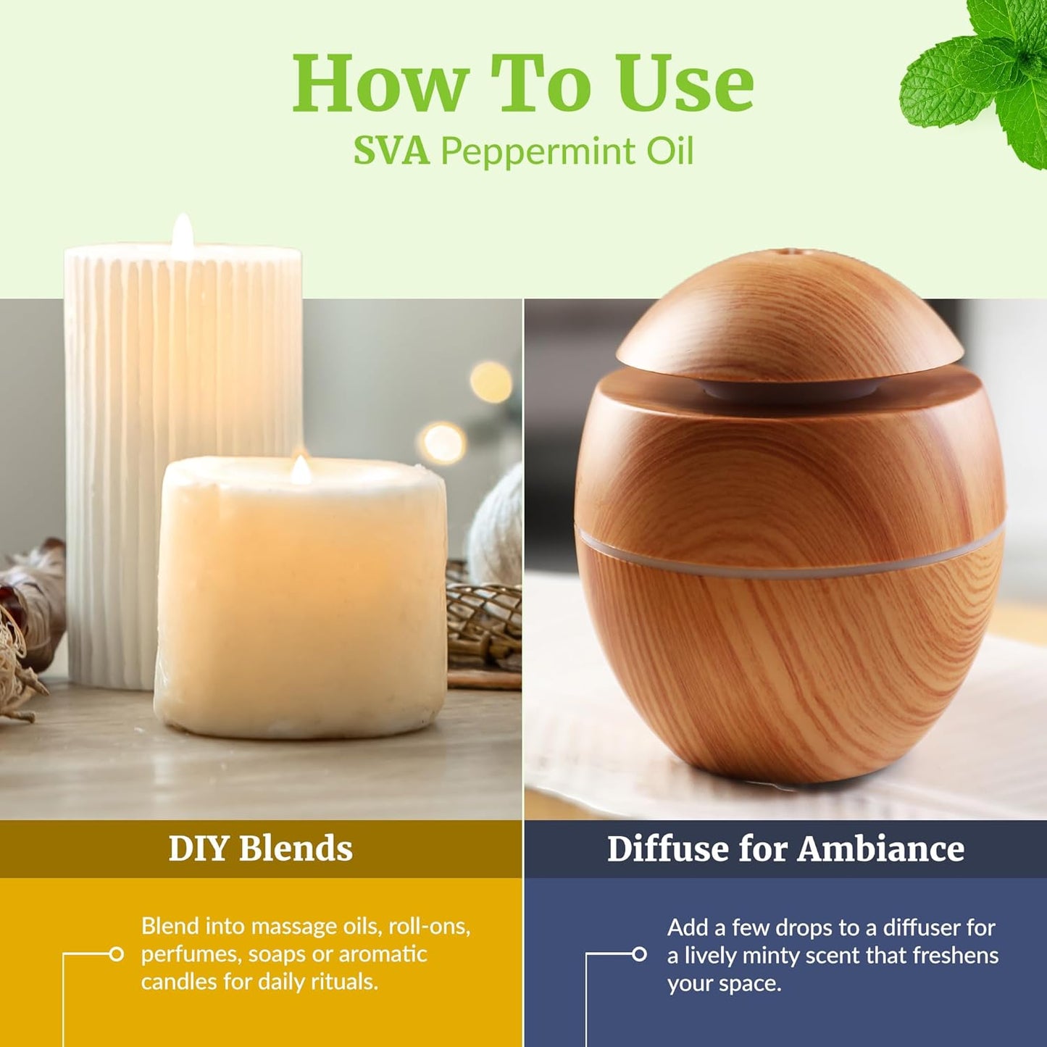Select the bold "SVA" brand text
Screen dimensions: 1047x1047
point(391,151)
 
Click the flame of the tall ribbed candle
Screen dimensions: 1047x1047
point(183,231)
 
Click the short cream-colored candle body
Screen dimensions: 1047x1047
point(300,601)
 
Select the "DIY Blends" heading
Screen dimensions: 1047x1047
point(260,848)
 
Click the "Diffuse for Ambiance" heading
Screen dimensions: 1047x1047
point(785,848)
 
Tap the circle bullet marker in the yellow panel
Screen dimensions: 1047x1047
point(116,954)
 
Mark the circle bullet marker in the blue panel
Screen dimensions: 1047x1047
point(639,954)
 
